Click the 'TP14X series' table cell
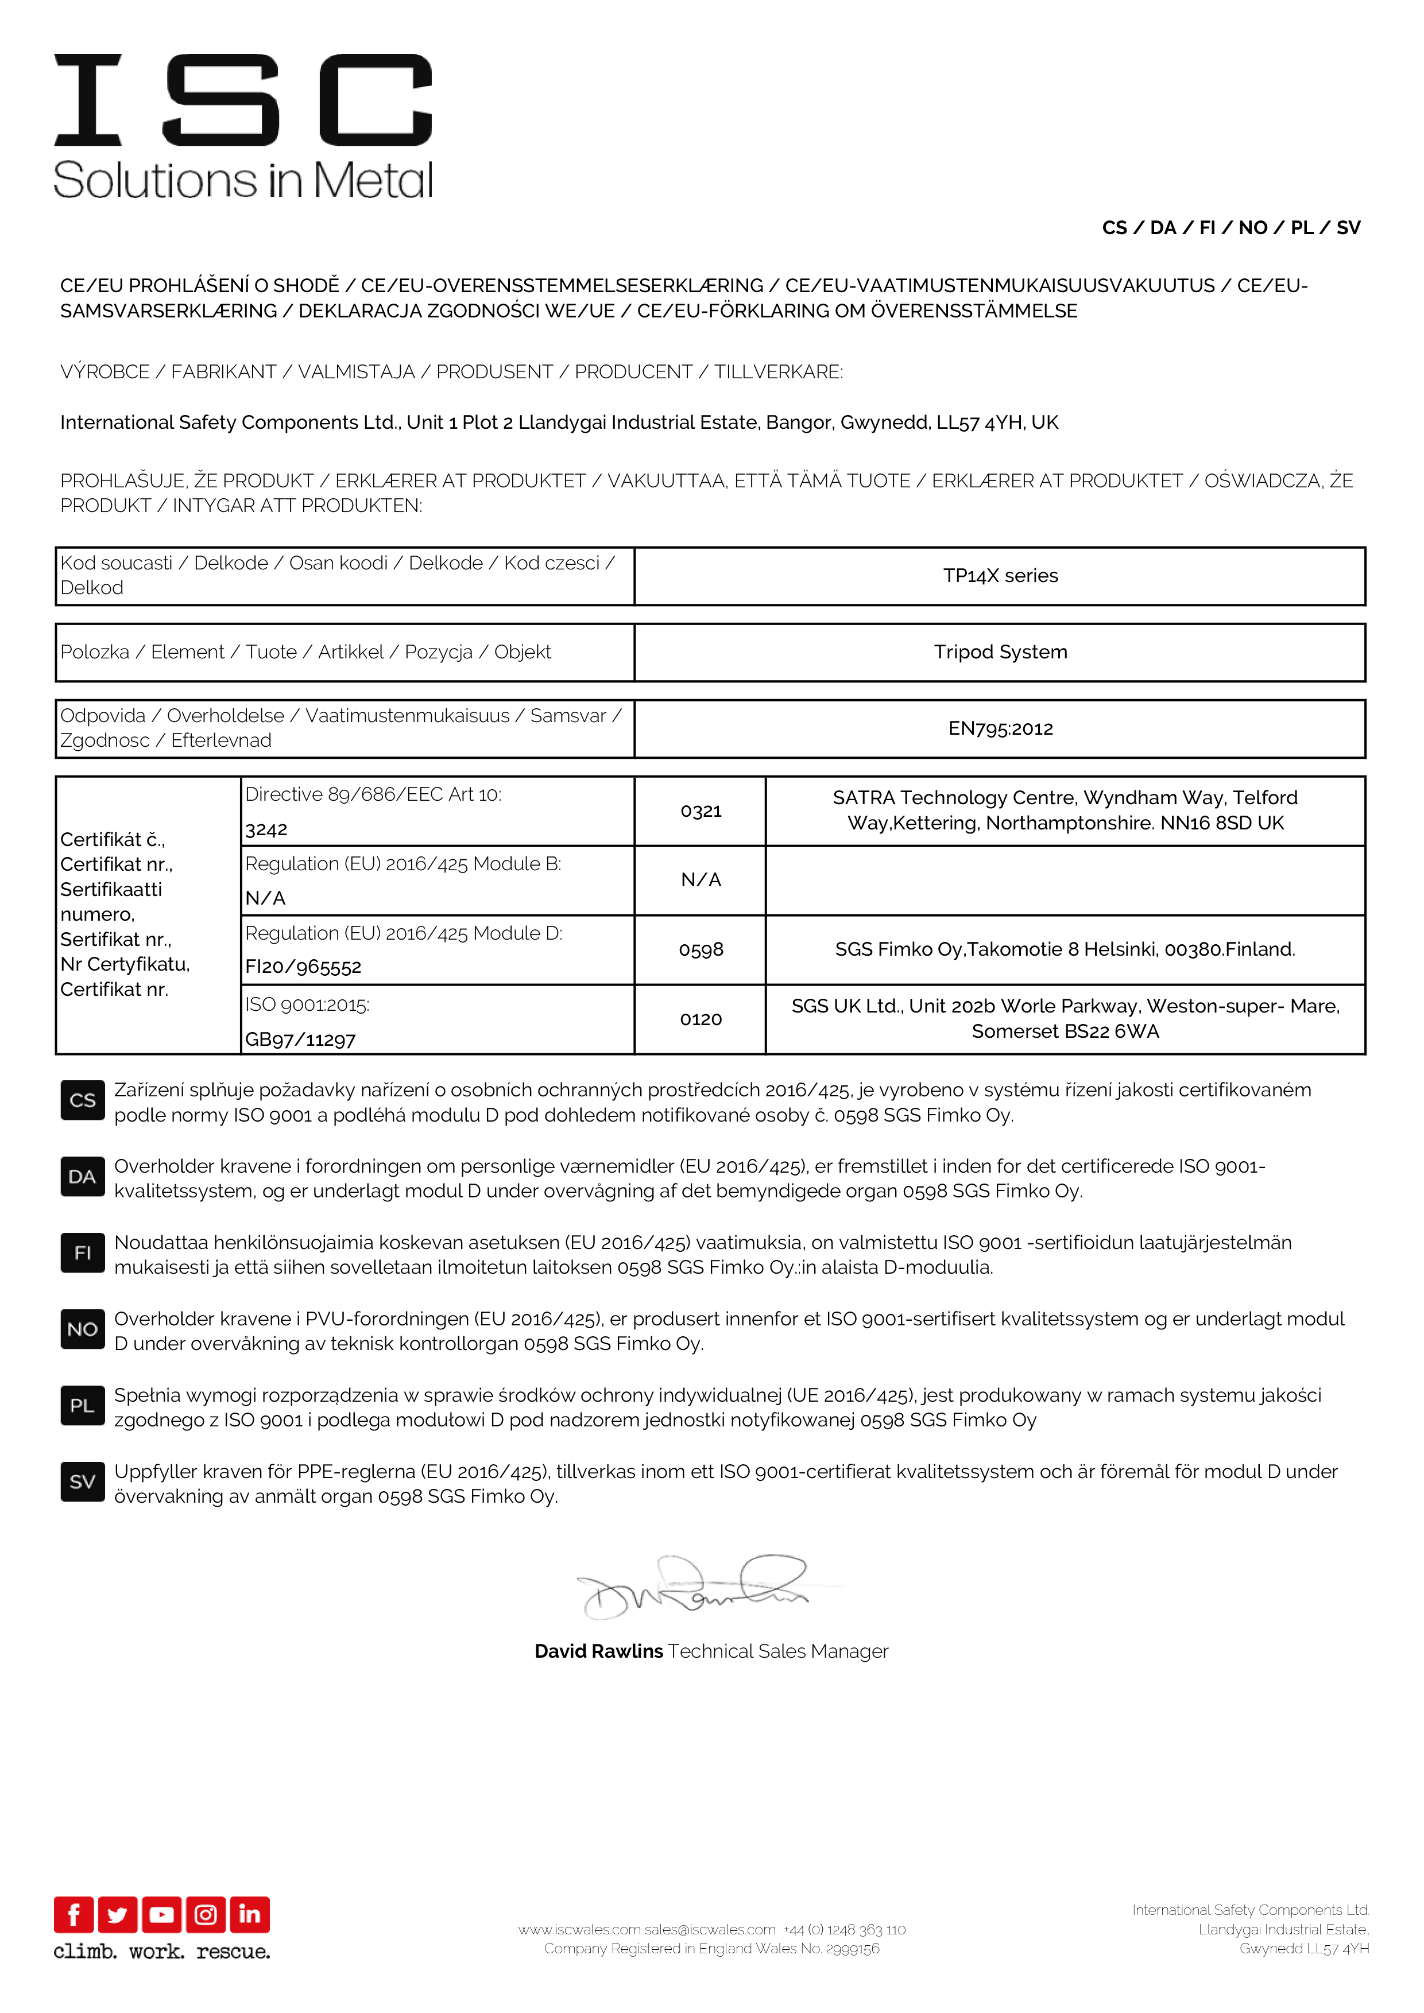point(1000,576)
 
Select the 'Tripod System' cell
point(1000,652)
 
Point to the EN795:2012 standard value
point(1000,728)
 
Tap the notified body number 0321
point(701,811)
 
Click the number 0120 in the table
point(701,1019)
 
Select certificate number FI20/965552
point(303,967)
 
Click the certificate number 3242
point(266,829)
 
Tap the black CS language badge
point(83,1100)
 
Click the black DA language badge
point(83,1177)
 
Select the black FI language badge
point(83,1253)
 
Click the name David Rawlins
point(599,1652)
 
